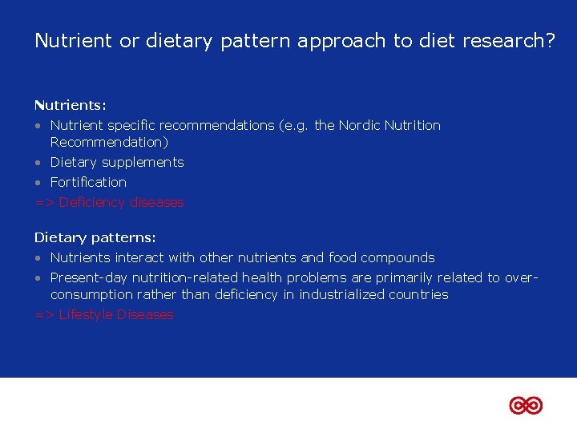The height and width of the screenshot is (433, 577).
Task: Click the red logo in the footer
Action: (526, 406)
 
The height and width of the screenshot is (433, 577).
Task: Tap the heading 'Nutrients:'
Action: (71, 105)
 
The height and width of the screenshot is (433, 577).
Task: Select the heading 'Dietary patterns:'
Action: (95, 237)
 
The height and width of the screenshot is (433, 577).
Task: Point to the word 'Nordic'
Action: (360, 125)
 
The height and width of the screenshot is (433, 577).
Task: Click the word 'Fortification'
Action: (88, 182)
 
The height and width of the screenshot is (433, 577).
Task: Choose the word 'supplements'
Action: (143, 162)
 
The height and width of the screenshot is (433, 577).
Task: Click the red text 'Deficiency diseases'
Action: (121, 203)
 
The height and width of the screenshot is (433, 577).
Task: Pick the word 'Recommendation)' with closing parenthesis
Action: (109, 142)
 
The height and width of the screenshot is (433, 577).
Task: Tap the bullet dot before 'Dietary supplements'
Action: (38, 163)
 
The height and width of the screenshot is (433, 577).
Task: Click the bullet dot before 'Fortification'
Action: (38, 183)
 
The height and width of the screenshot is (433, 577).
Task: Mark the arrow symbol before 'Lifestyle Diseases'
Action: (44, 315)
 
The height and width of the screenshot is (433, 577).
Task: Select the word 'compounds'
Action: (397, 257)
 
